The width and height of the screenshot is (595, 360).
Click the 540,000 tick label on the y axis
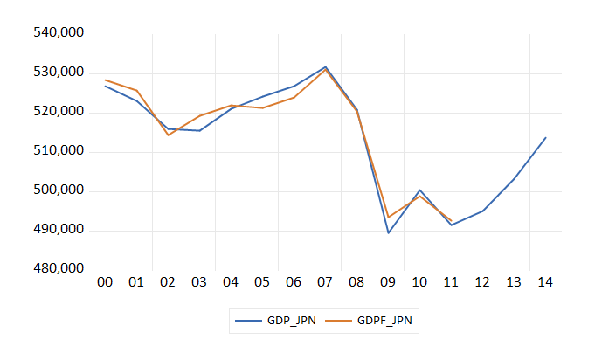coord(59,33)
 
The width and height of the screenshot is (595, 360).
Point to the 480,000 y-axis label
coord(59,269)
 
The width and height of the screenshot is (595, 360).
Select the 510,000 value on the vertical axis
coord(59,151)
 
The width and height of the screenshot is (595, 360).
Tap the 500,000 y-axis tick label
coord(59,190)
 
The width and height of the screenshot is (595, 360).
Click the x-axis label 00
coord(105,283)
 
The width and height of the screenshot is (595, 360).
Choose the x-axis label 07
coord(325,283)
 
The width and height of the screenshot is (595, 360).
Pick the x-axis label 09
coord(388,283)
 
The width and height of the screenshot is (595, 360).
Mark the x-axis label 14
coord(545,283)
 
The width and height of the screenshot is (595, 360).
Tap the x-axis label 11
coord(451,283)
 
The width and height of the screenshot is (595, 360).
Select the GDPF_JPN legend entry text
coord(386,322)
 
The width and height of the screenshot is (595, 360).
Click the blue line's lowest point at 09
coord(388,233)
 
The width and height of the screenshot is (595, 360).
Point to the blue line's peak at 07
coord(325,66)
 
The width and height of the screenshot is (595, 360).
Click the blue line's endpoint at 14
coord(545,137)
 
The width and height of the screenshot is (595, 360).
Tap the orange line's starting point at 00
coord(105,80)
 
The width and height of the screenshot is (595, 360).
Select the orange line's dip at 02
coord(168,135)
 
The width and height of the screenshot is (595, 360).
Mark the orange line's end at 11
coord(451,220)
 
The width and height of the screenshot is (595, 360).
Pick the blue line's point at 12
coord(482,211)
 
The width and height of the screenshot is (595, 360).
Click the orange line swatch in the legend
coord(340,322)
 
